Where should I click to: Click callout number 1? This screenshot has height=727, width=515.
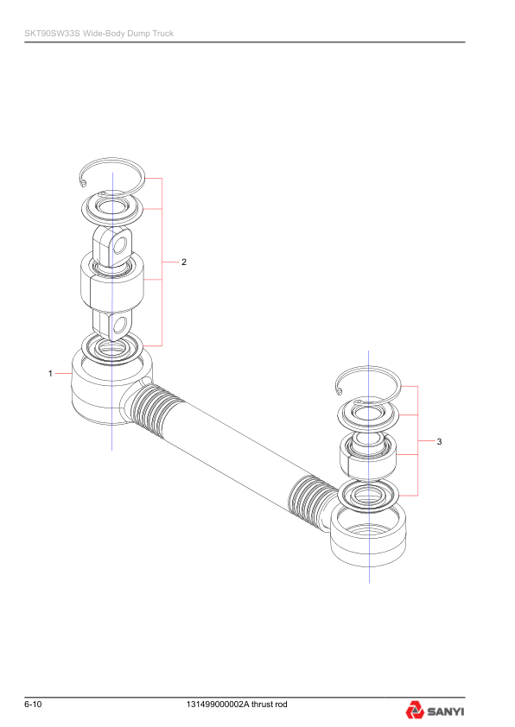[x=50, y=373]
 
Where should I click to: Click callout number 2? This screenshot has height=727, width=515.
[x=184, y=262]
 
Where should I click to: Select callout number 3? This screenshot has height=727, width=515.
[x=439, y=441]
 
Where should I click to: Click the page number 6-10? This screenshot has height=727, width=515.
[x=33, y=705]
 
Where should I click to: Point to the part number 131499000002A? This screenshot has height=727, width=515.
[x=218, y=705]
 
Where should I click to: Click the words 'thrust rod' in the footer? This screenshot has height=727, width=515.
[x=269, y=705]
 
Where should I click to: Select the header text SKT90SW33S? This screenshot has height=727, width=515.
[x=53, y=34]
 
